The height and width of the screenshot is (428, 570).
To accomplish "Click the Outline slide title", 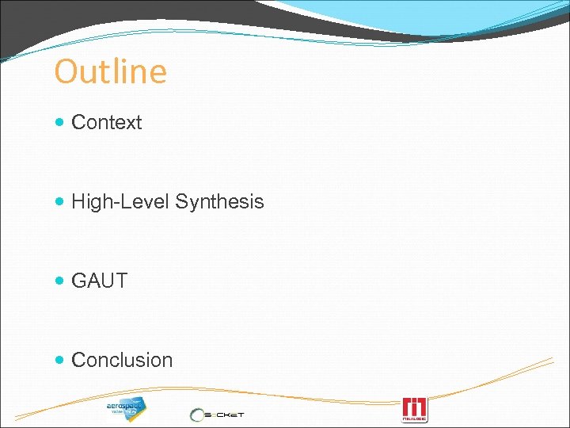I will pyautogui.click(x=111, y=72).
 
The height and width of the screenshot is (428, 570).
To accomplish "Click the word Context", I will pyautogui.click(x=107, y=123).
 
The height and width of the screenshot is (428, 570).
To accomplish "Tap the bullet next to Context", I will pyautogui.click(x=63, y=123).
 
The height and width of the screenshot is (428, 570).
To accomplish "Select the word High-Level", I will pyautogui.click(x=120, y=202).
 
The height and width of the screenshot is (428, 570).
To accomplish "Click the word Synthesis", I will pyautogui.click(x=219, y=202).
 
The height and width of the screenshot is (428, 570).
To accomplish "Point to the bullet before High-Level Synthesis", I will pyautogui.click(x=63, y=202).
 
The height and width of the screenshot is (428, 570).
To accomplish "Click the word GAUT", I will pyautogui.click(x=100, y=281).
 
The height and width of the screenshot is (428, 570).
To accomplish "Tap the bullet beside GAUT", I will pyautogui.click(x=63, y=281).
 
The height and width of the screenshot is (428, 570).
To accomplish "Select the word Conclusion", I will pyautogui.click(x=122, y=361).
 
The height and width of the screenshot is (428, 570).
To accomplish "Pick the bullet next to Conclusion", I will pyautogui.click(x=63, y=361).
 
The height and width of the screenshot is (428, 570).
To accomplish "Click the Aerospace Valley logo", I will pyautogui.click(x=127, y=408).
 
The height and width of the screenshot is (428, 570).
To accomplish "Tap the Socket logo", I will pyautogui.click(x=218, y=414).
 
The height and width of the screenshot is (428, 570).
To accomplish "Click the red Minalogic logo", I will pyautogui.click(x=415, y=409).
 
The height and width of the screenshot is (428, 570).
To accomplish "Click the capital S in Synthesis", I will pyautogui.click(x=181, y=202).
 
